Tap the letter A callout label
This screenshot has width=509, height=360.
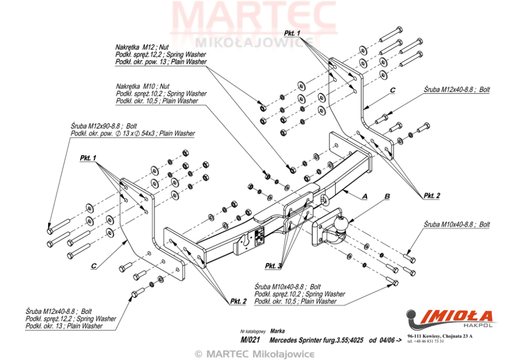tap(364, 196)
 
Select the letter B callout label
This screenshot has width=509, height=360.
tap(387, 196)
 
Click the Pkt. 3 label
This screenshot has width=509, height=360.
tap(273, 266)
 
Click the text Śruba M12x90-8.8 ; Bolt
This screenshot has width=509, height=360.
tap(104, 126)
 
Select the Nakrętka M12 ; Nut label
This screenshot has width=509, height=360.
tap(142, 47)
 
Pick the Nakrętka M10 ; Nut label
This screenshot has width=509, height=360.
tap(143, 86)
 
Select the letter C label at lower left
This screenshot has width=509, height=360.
tap(93, 266)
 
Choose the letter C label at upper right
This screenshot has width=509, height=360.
tap(392, 90)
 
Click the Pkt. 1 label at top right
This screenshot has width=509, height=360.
tap(292, 33)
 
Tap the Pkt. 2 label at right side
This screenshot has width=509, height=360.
tap(432, 195)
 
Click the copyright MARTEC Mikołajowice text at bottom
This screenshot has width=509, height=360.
tap(254, 354)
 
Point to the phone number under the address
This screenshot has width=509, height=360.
tap(425, 341)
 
